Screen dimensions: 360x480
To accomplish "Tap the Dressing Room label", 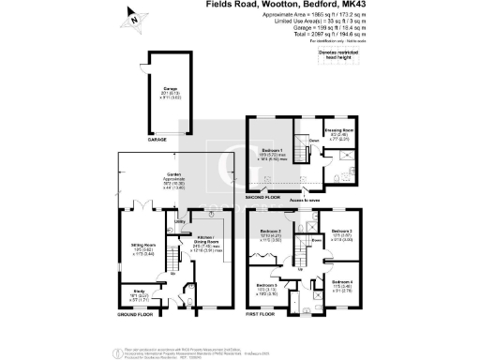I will coord(338,131).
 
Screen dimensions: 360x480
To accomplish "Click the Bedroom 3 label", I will coord(343,234).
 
